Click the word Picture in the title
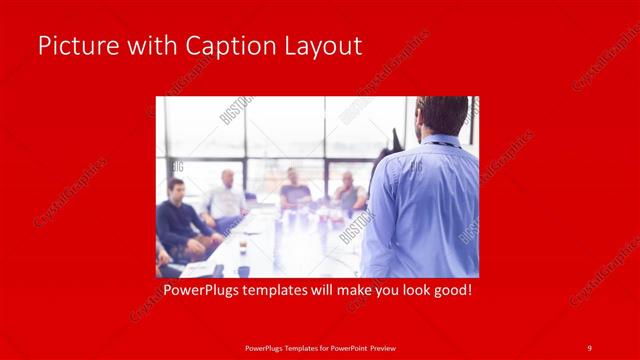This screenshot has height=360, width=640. tap(73, 46)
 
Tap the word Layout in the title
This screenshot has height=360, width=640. tap(322, 46)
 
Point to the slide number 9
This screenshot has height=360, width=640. tap(590, 347)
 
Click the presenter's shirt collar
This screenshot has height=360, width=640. tap(440, 141)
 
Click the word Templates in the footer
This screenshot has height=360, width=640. tap(291, 347)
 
